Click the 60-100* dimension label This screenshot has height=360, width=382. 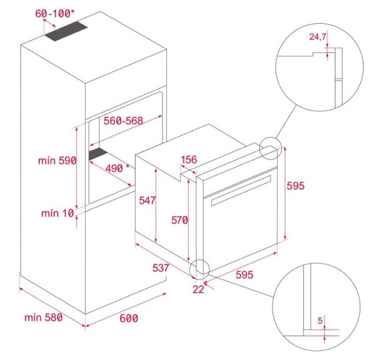click(x=55, y=14)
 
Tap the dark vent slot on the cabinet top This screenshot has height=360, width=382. click(x=66, y=31)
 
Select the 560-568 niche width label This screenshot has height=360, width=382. click(x=123, y=121)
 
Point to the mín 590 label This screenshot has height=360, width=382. click(x=57, y=160)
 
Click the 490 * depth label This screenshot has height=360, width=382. click(x=118, y=168)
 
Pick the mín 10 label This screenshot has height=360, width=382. click(x=57, y=213)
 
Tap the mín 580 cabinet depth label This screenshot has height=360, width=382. click(x=43, y=318)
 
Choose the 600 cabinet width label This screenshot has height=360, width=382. click(x=129, y=318)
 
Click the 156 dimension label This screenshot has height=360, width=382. click(x=189, y=160)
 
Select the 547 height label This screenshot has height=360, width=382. click(x=147, y=200)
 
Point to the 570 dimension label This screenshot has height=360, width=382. click(x=180, y=220)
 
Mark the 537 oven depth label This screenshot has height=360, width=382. click(x=160, y=268)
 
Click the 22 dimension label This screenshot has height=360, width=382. click(x=198, y=290)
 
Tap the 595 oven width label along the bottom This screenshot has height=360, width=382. click(x=244, y=275)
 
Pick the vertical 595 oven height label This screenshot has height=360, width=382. click(x=295, y=186)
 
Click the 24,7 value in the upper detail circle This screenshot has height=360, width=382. click(x=317, y=37)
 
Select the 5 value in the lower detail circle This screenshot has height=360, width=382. click(x=320, y=321)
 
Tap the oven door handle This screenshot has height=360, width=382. click(x=241, y=191)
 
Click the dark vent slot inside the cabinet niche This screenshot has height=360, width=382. click(x=98, y=154)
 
